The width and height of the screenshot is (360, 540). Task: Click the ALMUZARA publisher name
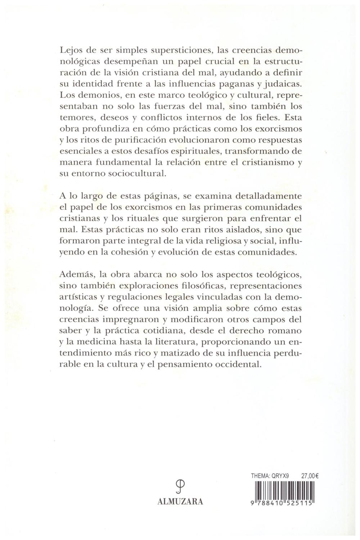[180, 501]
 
